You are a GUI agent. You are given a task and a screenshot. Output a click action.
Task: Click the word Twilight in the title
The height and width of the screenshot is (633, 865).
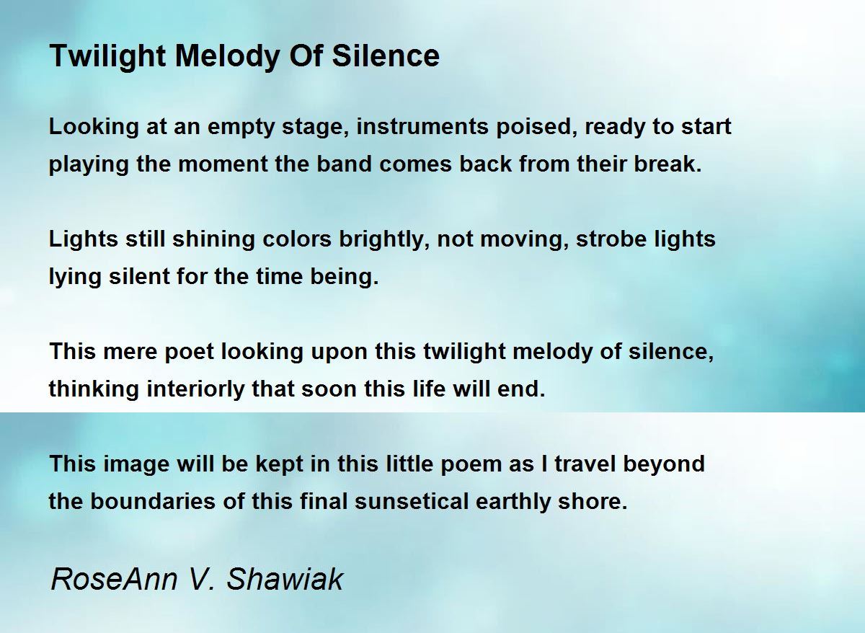click(x=107, y=57)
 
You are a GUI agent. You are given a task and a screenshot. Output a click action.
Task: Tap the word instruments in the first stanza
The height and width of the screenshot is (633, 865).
click(x=422, y=126)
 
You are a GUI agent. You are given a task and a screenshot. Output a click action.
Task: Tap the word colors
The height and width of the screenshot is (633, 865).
click(x=297, y=239)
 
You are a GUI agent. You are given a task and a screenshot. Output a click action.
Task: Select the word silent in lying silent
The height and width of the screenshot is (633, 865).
click(x=139, y=277)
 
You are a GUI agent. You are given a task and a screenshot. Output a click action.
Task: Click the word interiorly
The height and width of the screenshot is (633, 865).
click(x=195, y=389)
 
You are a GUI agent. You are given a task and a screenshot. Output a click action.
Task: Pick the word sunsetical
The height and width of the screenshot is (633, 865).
click(x=412, y=501)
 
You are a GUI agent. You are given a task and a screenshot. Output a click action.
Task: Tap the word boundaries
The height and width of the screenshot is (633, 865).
click(x=153, y=501)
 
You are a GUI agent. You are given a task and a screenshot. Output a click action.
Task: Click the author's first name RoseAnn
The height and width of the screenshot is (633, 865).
click(x=115, y=580)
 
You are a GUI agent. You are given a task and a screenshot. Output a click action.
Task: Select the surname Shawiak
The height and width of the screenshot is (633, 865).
click(x=285, y=580)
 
